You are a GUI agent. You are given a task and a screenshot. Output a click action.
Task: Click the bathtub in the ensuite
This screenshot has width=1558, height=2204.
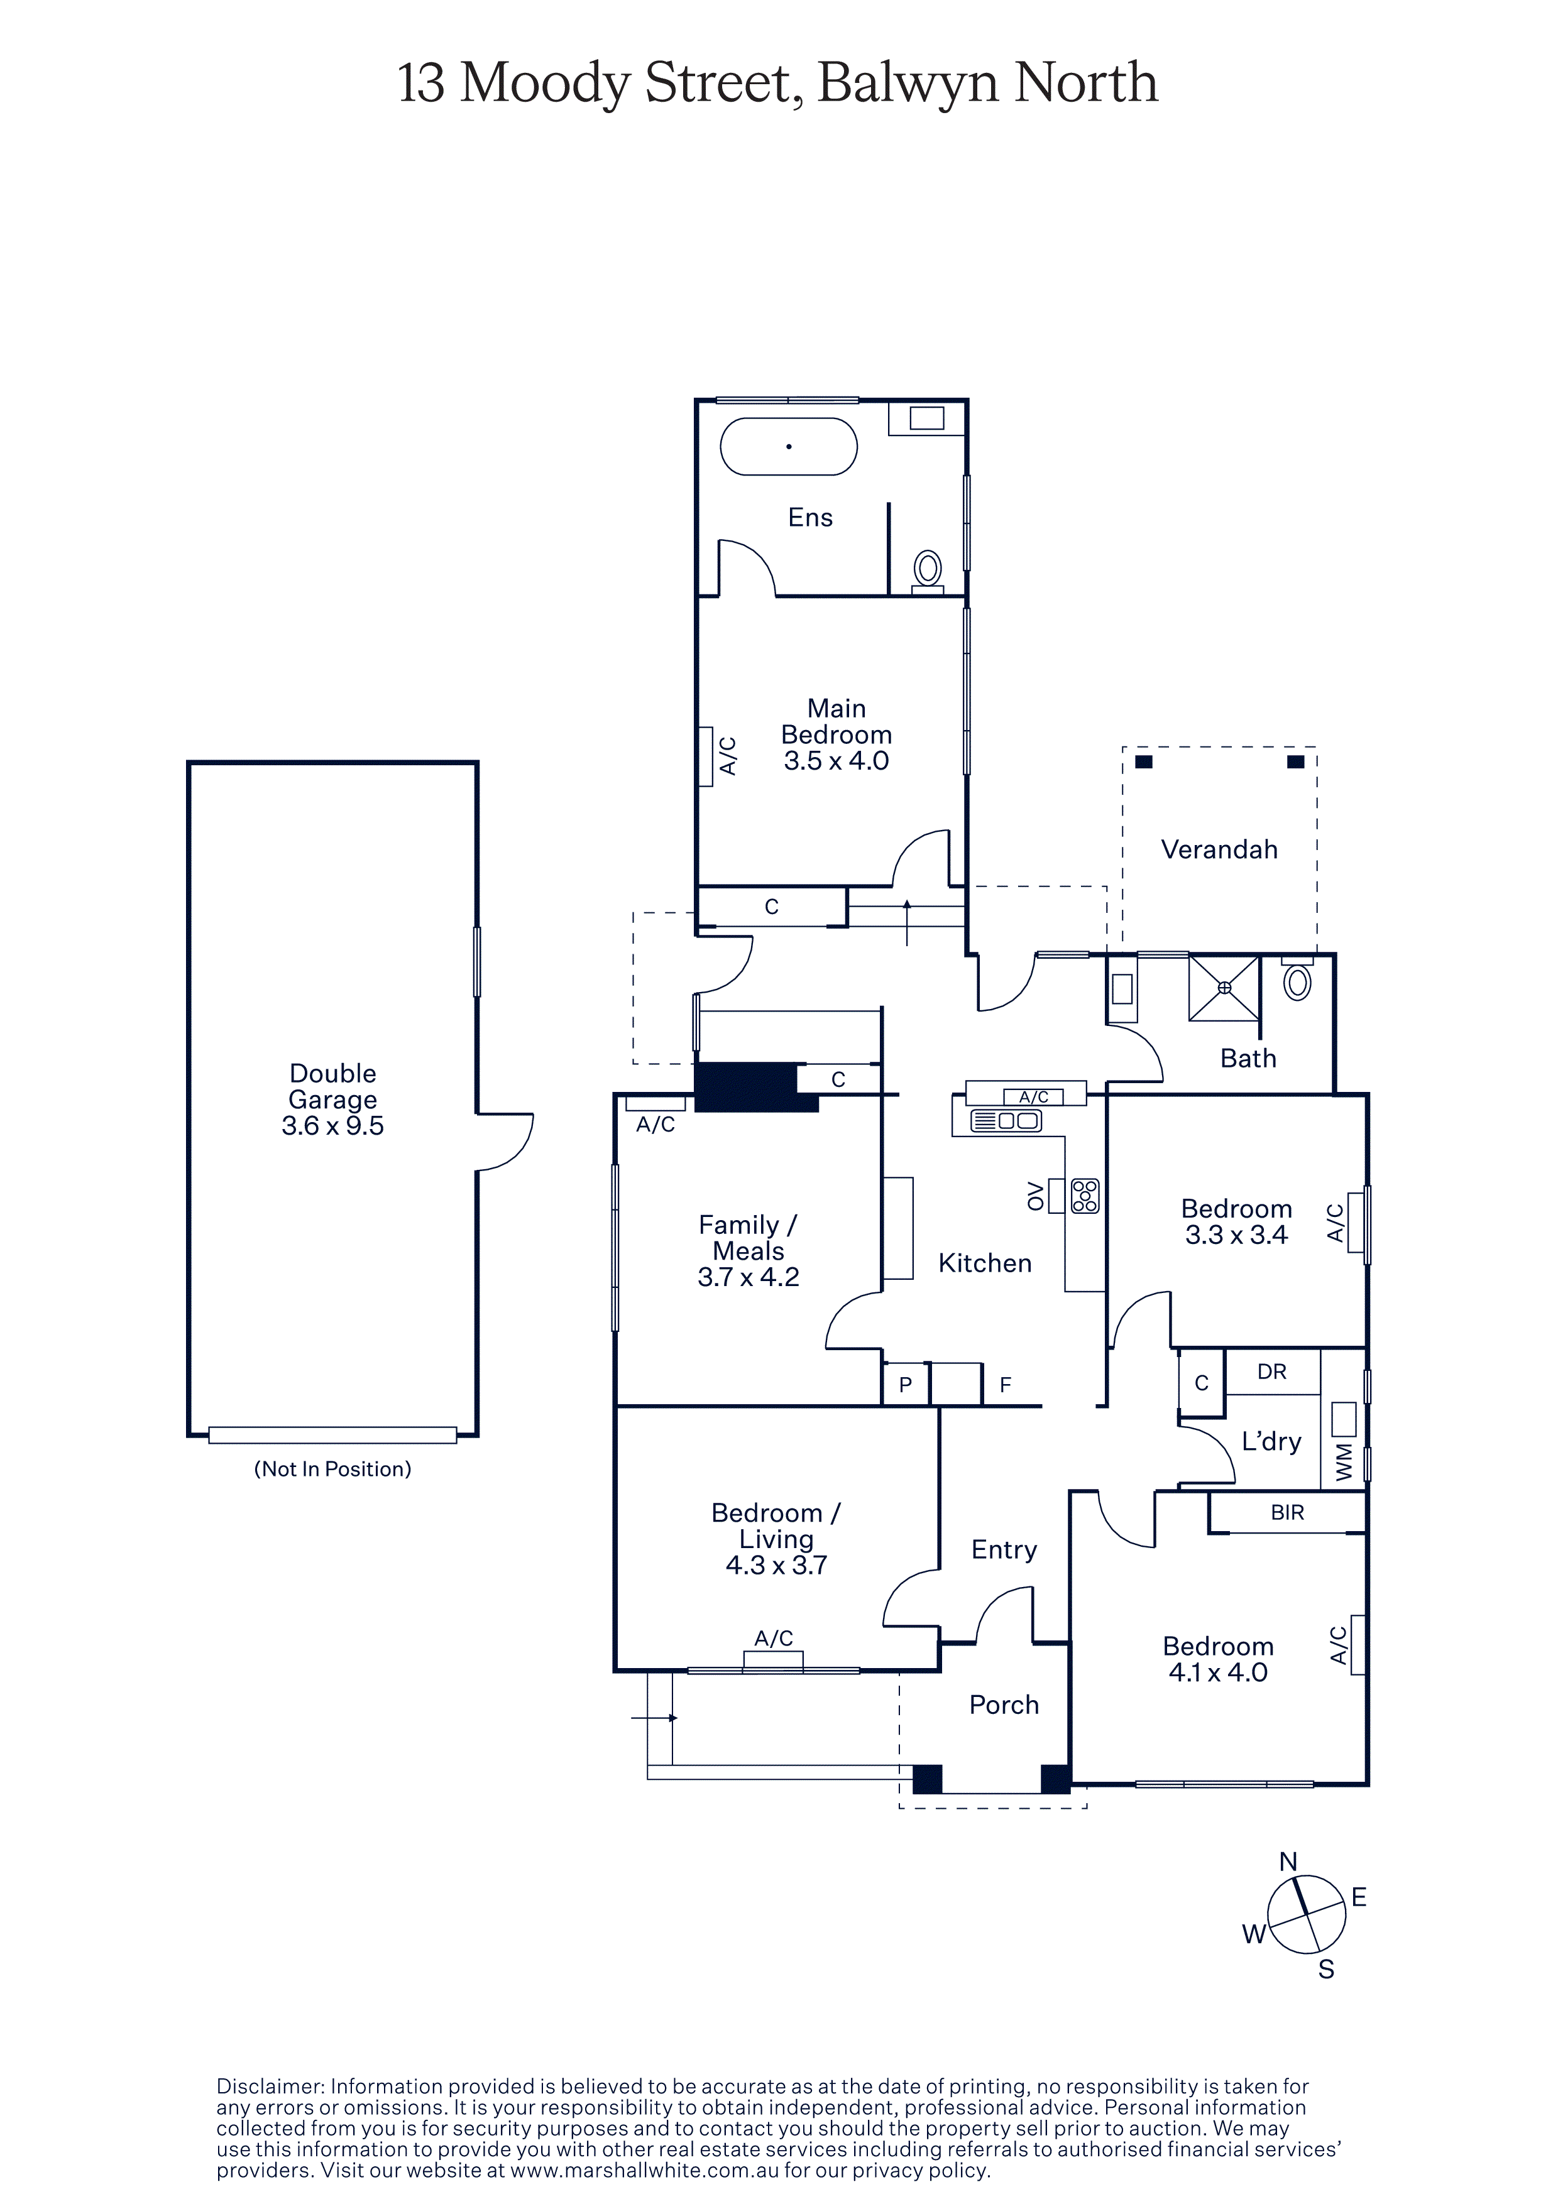[x=788, y=446]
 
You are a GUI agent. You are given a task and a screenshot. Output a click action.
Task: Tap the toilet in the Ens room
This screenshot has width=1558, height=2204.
[x=927, y=572]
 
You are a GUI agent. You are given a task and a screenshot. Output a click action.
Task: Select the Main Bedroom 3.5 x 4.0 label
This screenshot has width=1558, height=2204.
[x=836, y=735]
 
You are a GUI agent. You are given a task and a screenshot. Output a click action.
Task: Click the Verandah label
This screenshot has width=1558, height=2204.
[x=1219, y=849]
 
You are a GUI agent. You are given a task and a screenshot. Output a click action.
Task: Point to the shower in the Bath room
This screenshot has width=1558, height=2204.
[x=1224, y=988]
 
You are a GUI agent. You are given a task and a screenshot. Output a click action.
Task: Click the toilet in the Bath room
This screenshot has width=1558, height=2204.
[x=1297, y=979]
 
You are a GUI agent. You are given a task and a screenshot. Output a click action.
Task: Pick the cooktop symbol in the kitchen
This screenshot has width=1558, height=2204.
[x=1085, y=1196]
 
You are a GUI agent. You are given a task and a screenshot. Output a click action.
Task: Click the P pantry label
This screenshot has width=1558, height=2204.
[x=905, y=1385]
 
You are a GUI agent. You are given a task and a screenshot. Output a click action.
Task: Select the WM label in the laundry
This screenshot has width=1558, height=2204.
[x=1344, y=1462]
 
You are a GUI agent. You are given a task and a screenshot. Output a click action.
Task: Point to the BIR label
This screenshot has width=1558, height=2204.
[x=1287, y=1513]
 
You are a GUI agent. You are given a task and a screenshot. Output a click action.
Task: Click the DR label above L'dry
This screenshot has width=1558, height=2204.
[x=1272, y=1372]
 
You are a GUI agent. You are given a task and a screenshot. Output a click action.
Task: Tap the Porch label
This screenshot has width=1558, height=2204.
[x=1004, y=1705]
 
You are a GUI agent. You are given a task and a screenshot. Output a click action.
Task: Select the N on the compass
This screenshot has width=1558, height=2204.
[x=1288, y=1862]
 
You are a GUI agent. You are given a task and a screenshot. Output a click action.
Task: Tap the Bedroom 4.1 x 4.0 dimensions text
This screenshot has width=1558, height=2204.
[x=1218, y=1672]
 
